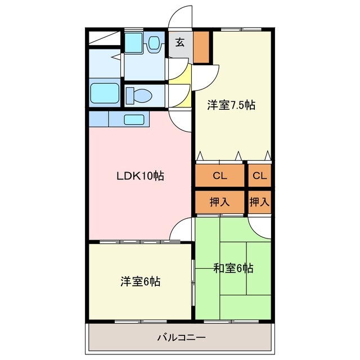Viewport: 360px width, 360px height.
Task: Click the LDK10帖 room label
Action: coord(140,176)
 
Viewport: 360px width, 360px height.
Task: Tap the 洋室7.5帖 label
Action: coord(231,105)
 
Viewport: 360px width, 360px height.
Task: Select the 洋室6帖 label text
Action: coord(140,281)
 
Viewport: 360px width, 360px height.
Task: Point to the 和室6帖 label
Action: coord(233,268)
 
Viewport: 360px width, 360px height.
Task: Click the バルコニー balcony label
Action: coord(181,337)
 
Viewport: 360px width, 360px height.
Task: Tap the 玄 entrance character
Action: coord(180,42)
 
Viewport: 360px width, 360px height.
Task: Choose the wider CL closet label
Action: coord(220,176)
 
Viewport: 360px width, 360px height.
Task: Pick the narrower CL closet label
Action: coord(260,176)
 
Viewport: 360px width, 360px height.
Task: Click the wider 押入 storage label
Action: coord(219,202)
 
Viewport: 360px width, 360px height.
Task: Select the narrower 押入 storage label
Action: coord(259,202)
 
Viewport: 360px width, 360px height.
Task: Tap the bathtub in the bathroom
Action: coord(105,93)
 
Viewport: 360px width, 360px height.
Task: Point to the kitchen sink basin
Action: coord(134,120)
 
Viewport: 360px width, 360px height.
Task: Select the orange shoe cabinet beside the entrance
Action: coord(201,47)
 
